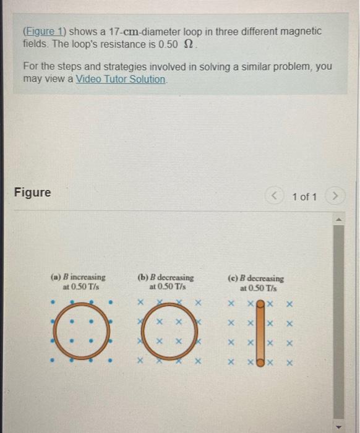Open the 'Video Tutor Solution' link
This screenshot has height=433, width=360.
(121, 79)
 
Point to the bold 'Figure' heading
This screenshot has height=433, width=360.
(32, 192)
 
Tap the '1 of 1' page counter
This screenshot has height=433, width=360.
(304, 197)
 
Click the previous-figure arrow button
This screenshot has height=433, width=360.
(275, 197)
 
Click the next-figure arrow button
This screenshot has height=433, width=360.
(335, 197)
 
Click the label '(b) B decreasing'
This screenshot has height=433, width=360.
(165, 278)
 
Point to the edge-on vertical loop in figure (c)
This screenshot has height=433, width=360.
(260, 333)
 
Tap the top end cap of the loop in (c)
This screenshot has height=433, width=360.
(260, 305)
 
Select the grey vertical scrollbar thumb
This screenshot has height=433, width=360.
(338, 319)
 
